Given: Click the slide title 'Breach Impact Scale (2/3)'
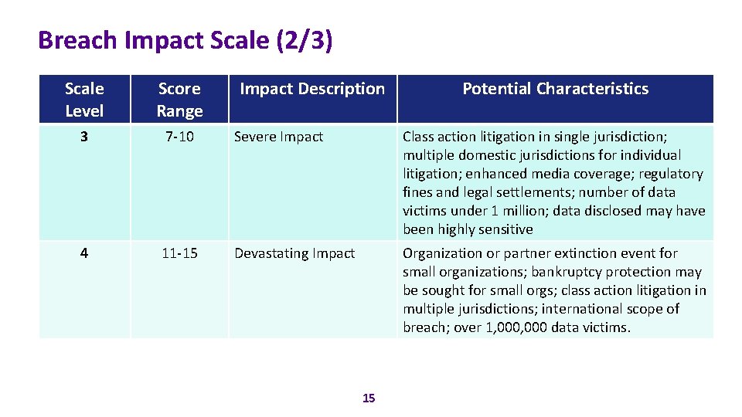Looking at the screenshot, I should pyautogui.click(x=185, y=40).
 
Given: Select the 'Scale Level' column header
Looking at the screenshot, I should pyautogui.click(x=84, y=100).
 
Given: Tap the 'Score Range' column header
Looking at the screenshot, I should pyautogui.click(x=179, y=100).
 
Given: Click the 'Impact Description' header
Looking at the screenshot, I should pyautogui.click(x=312, y=89).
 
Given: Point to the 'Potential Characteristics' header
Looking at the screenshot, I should pyautogui.click(x=555, y=89).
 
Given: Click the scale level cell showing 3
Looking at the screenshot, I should pyautogui.click(x=84, y=137).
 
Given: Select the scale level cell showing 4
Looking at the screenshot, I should pyautogui.click(x=84, y=253).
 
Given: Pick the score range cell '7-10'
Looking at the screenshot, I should pyautogui.click(x=179, y=137).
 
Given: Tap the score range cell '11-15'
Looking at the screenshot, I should pyautogui.click(x=179, y=253).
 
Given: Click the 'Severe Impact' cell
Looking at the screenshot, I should pyautogui.click(x=278, y=137).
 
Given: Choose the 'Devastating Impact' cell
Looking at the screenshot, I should pyautogui.click(x=294, y=253).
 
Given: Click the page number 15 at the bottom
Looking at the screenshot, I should pyautogui.click(x=369, y=398).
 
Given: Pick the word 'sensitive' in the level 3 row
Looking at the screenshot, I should pyautogui.click(x=506, y=229).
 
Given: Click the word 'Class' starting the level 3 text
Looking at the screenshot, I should pyautogui.click(x=419, y=137).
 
